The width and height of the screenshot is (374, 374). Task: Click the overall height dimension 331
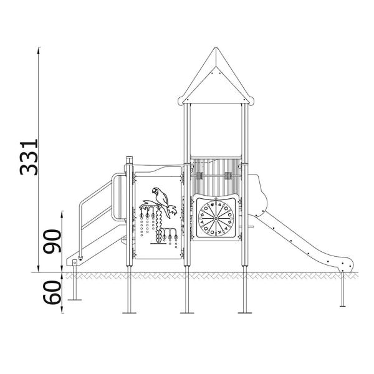point(29,156)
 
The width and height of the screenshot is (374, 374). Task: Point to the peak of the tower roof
point(215,49)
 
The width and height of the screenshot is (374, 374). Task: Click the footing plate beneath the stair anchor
point(75,300)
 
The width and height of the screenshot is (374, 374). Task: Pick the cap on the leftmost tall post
point(130,156)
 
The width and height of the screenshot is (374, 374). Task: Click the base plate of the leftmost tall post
point(130,311)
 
